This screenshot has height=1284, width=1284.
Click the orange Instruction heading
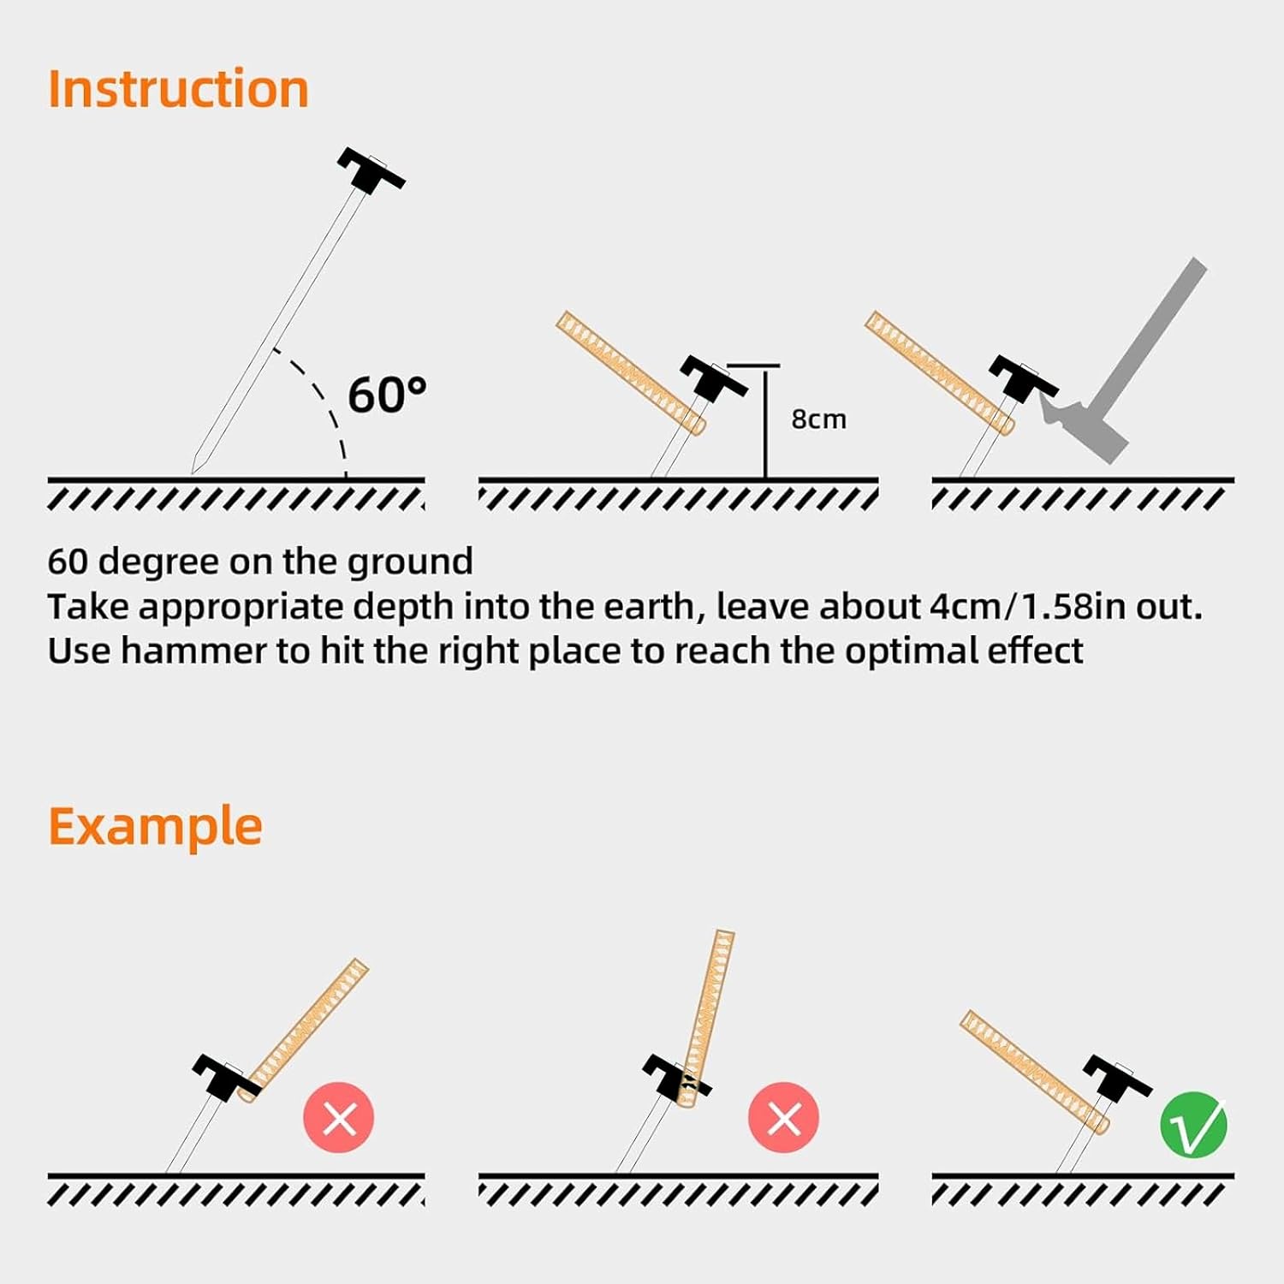click(x=178, y=89)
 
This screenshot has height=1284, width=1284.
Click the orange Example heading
click(x=155, y=827)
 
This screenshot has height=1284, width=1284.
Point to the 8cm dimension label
click(x=818, y=419)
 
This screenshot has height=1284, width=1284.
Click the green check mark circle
click(x=1193, y=1125)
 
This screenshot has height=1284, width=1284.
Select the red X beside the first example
click(x=339, y=1117)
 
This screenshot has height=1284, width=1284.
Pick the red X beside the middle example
click(x=783, y=1117)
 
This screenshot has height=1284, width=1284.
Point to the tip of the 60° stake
click(x=193, y=472)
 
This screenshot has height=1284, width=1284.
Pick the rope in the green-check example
click(x=1034, y=1070)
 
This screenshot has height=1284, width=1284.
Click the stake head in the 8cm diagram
click(x=714, y=378)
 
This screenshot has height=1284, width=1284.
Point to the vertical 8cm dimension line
click(x=765, y=422)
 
